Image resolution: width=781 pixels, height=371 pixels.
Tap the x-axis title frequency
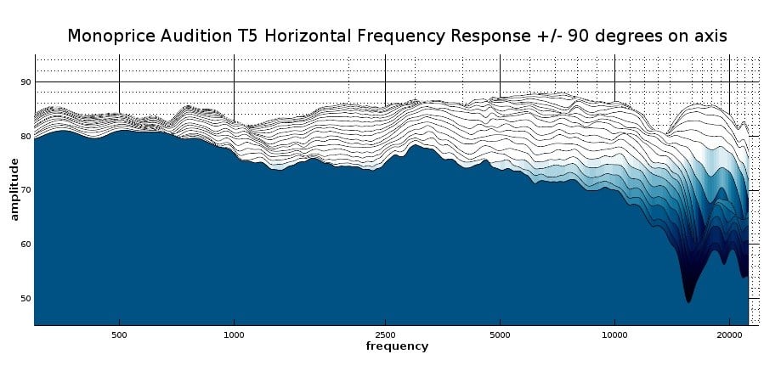click(x=397, y=346)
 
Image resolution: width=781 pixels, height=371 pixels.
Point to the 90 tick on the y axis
click(x=25, y=82)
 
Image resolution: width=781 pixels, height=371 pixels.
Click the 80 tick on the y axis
click(x=25, y=136)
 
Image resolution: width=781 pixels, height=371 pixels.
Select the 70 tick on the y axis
click(x=25, y=190)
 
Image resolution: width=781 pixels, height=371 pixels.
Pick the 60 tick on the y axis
click(x=25, y=245)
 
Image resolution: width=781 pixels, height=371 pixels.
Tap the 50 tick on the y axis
click(x=25, y=299)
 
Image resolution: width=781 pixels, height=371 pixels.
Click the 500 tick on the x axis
click(x=119, y=334)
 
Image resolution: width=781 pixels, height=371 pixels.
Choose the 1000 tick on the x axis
click(x=234, y=334)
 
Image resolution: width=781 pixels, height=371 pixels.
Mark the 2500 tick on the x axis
click(x=385, y=334)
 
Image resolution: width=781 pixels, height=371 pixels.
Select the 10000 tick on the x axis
click(x=614, y=334)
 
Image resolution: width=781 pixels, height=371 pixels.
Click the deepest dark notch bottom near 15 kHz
click(x=688, y=301)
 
